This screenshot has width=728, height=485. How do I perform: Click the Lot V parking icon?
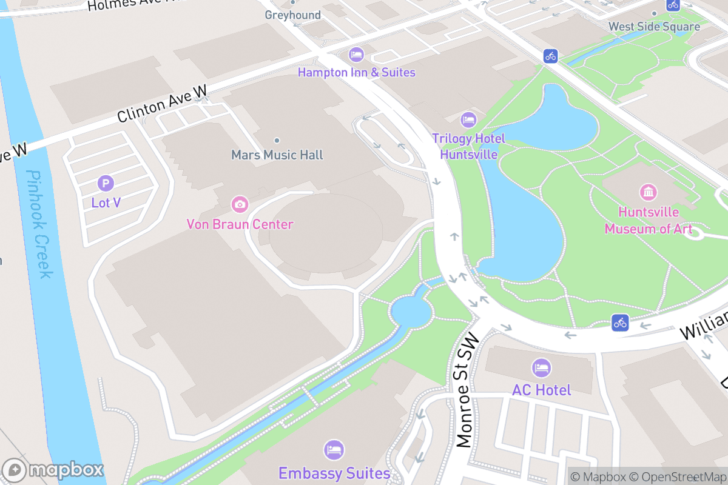pos(106,182)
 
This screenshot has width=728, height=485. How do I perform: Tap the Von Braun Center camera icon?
pos(240,204)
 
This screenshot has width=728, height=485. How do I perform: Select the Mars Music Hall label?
pos(277,155)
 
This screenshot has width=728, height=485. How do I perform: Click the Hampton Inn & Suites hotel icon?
pos(356,55)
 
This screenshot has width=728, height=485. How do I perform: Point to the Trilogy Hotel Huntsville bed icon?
pos(468,119)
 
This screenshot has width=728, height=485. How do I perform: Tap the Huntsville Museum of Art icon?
pos(649,193)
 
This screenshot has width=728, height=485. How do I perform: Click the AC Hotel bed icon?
pos(541,367)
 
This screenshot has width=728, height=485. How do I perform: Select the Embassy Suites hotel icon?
pos(334,450)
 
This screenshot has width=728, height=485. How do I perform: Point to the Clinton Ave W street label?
pos(162,104)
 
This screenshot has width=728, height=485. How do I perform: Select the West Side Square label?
pos(654,27)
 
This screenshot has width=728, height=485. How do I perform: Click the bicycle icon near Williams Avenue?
pos(619,323)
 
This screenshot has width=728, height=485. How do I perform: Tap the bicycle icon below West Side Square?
pos(550,56)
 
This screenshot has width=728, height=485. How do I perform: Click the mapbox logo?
pos(53,470)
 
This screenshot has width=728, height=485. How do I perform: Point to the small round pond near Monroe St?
pos(412,312)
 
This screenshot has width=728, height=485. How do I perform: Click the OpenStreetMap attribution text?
pos(677,477)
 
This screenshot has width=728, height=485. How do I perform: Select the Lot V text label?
pos(106,202)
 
